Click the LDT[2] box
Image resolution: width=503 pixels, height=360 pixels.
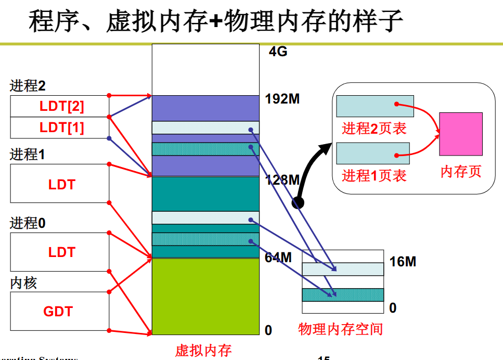60,106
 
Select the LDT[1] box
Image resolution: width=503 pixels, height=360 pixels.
60,127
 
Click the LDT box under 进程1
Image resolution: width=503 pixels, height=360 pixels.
60,184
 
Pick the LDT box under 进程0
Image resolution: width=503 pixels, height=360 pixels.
60,252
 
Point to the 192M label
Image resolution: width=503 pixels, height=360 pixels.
282,98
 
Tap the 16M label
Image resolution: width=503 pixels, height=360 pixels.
403,261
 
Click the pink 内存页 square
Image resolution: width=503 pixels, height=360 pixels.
460,134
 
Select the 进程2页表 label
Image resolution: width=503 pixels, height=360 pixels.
374,128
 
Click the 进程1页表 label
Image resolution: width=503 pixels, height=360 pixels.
374,175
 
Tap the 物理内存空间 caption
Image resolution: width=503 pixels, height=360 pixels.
340,329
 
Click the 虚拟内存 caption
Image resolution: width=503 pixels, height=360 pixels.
203,350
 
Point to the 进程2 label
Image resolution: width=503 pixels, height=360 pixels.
28,86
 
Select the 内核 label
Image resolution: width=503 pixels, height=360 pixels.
23,284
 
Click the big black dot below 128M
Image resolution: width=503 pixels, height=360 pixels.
298,203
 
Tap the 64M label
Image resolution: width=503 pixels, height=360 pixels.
278,257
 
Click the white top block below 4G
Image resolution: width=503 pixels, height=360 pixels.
205,69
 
